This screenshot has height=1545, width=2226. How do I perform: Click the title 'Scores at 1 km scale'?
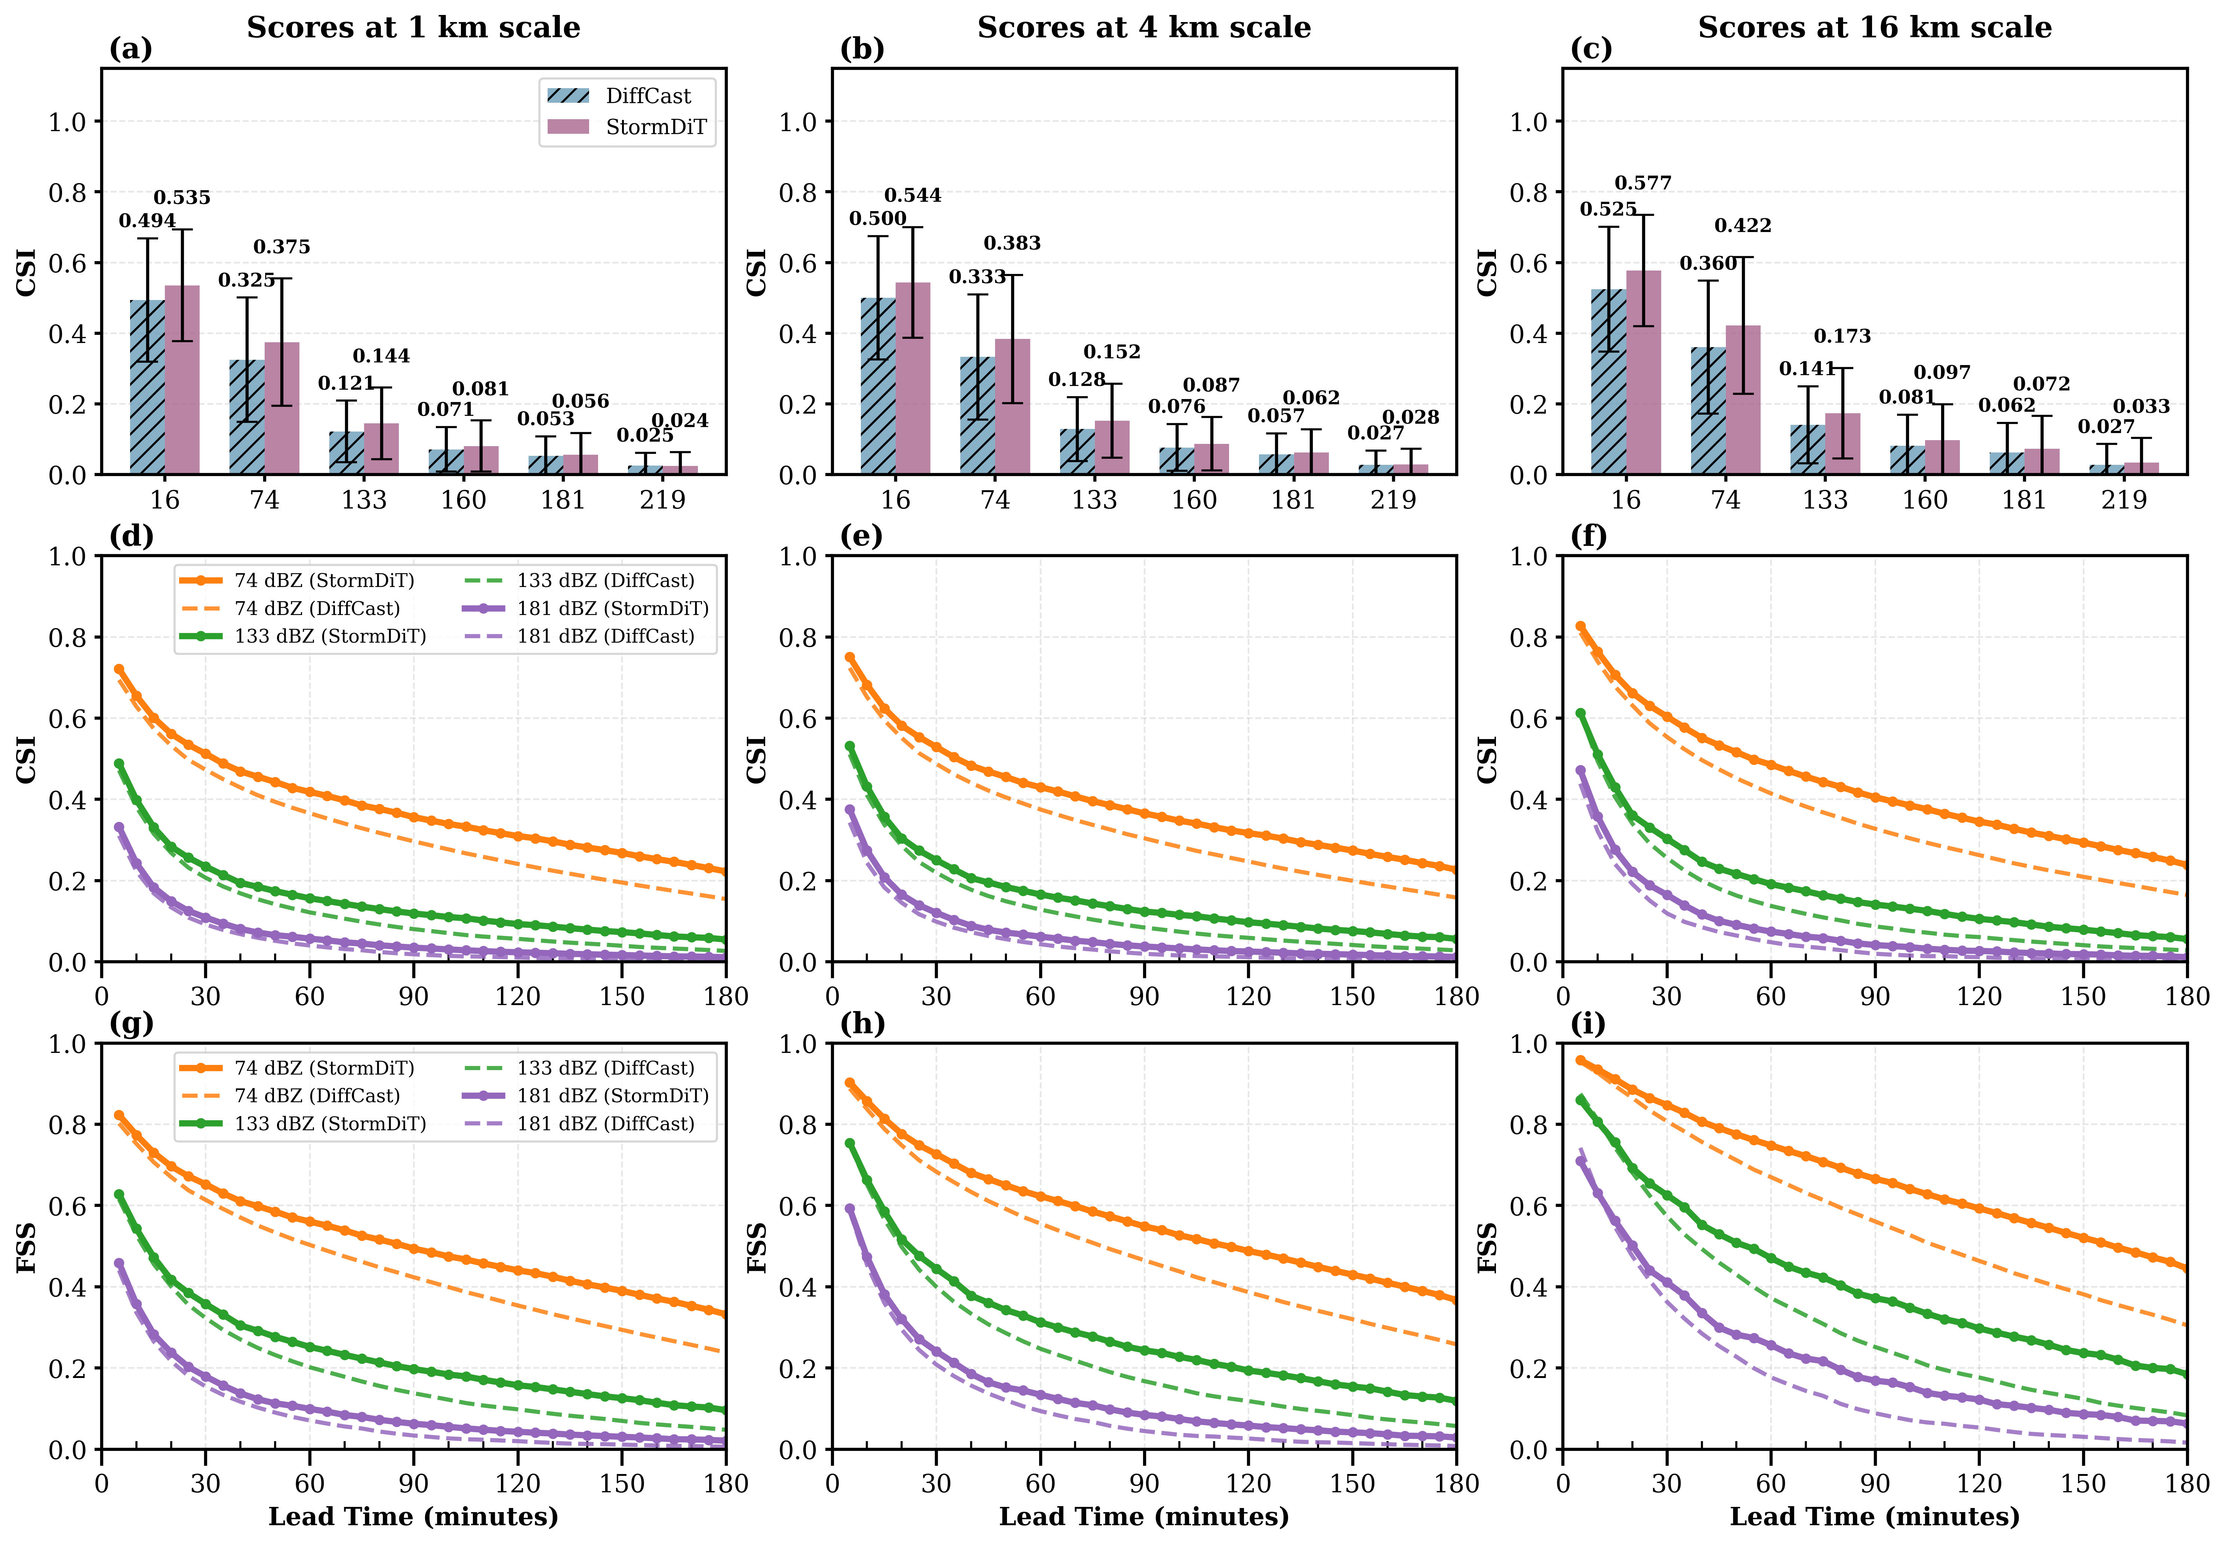click(x=413, y=27)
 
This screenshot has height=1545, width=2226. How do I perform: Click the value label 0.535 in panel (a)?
click(x=182, y=198)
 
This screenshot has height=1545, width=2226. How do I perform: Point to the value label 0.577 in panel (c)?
click(x=1643, y=183)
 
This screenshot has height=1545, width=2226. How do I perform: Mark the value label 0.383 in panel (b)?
click(x=1012, y=243)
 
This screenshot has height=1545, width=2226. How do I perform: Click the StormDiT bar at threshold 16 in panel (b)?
click(x=913, y=377)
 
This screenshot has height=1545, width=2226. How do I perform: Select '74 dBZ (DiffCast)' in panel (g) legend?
click(x=317, y=1096)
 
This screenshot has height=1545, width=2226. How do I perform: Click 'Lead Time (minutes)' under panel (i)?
click(x=1875, y=1516)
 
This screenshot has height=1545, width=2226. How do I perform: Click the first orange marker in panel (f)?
click(x=1580, y=626)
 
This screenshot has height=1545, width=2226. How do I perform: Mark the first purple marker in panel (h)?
click(x=850, y=1208)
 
